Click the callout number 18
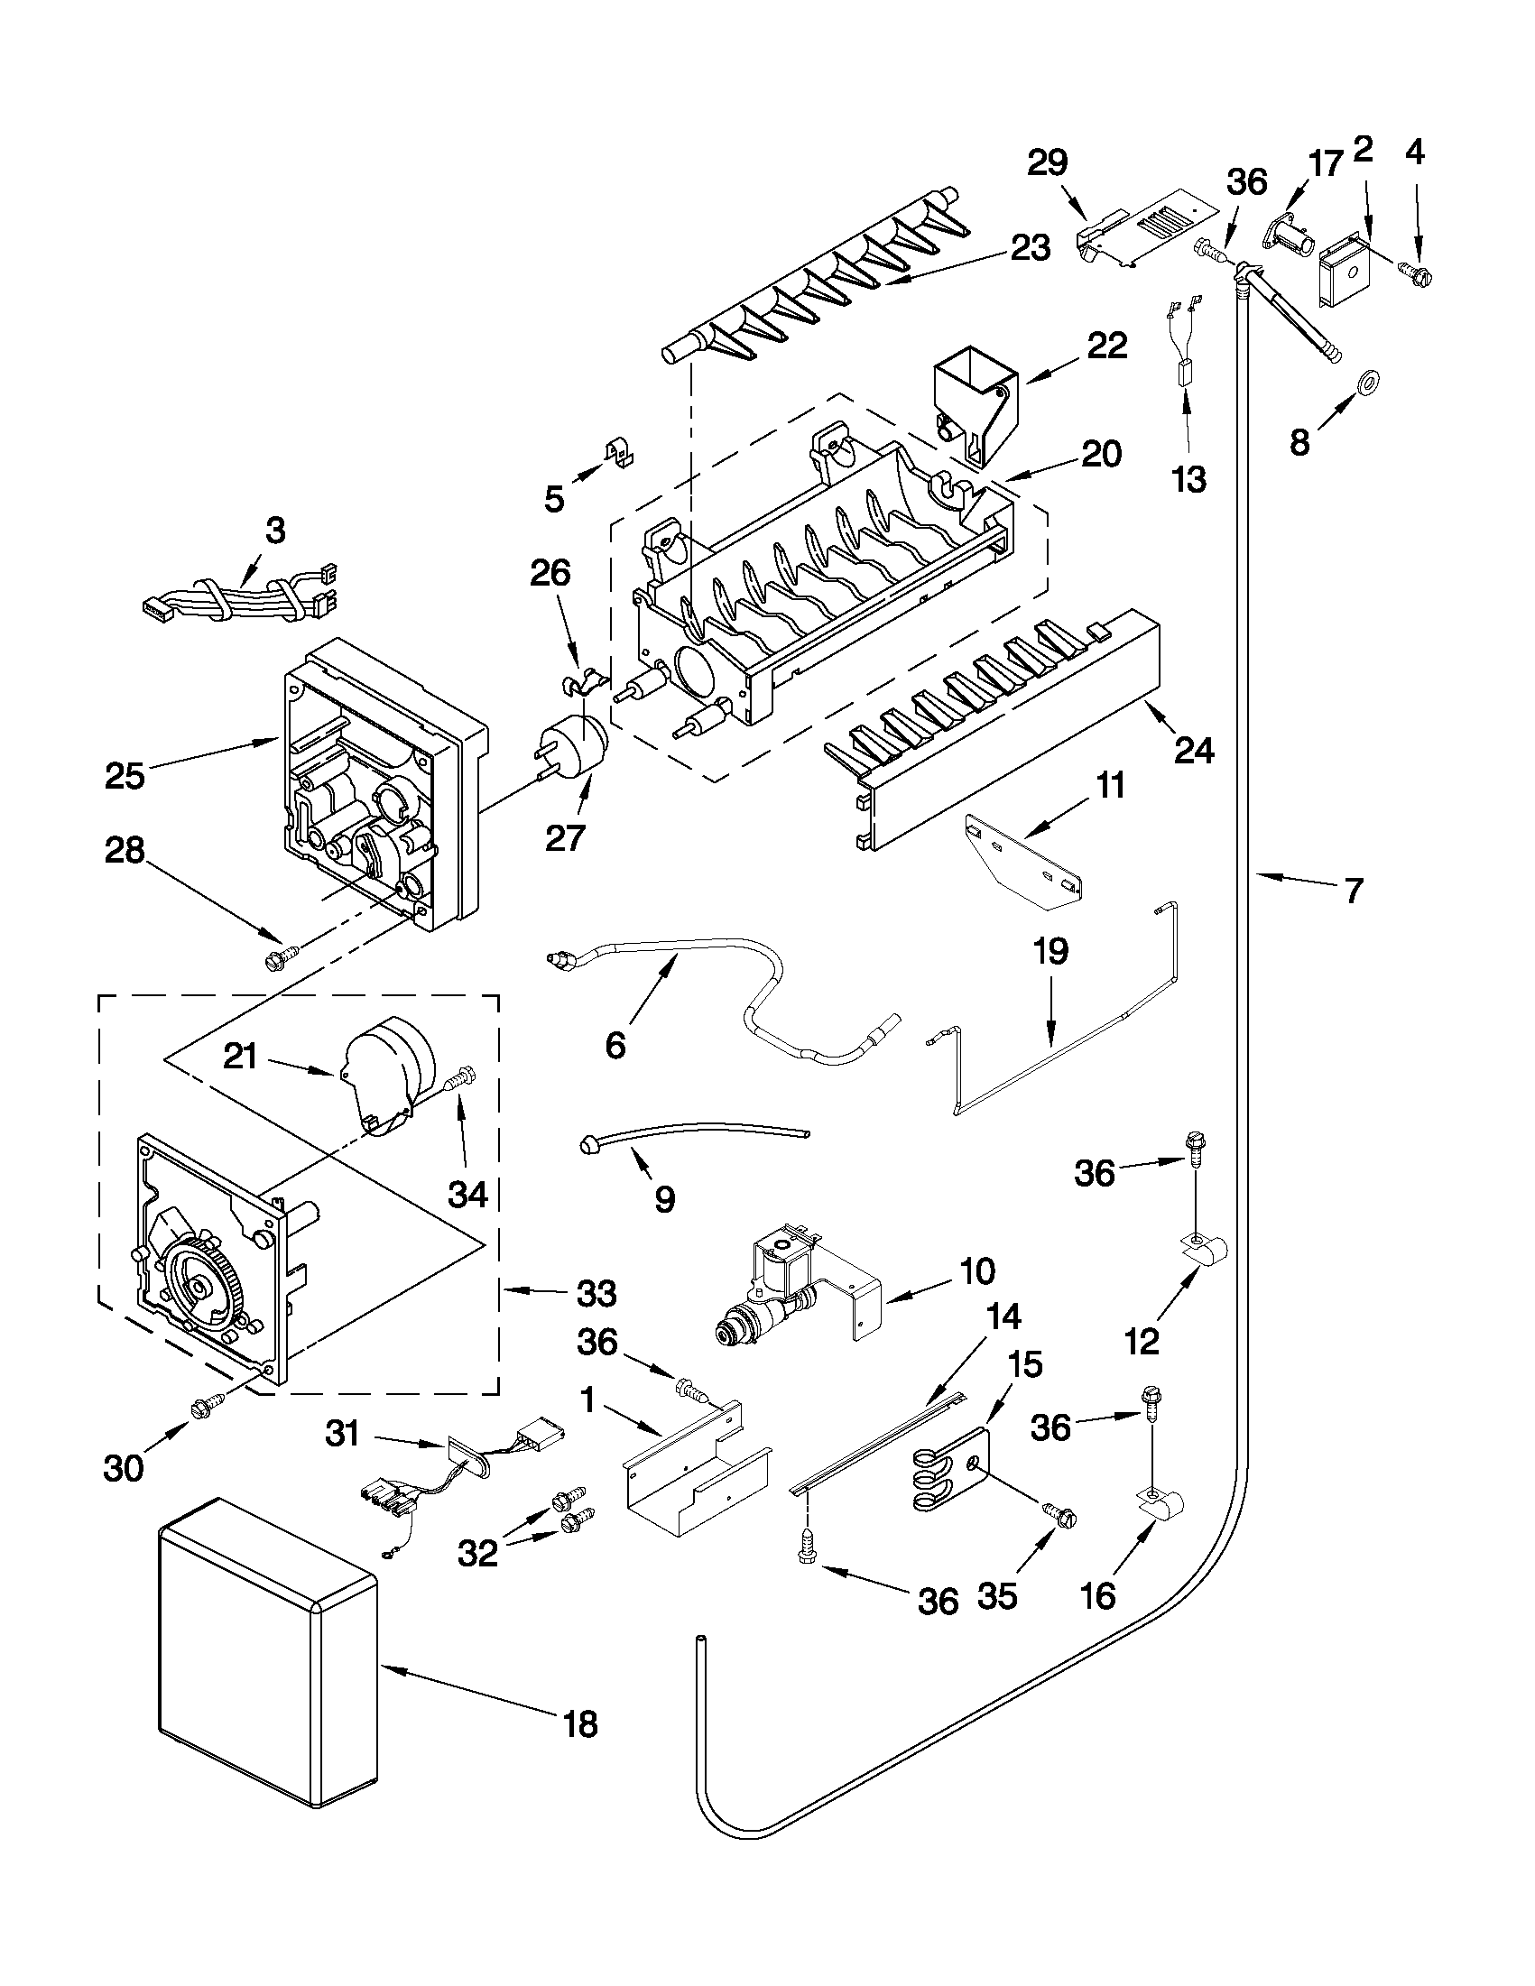point(581,1723)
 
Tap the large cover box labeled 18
point(265,1668)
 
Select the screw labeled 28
point(279,956)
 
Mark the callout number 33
point(596,1292)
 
